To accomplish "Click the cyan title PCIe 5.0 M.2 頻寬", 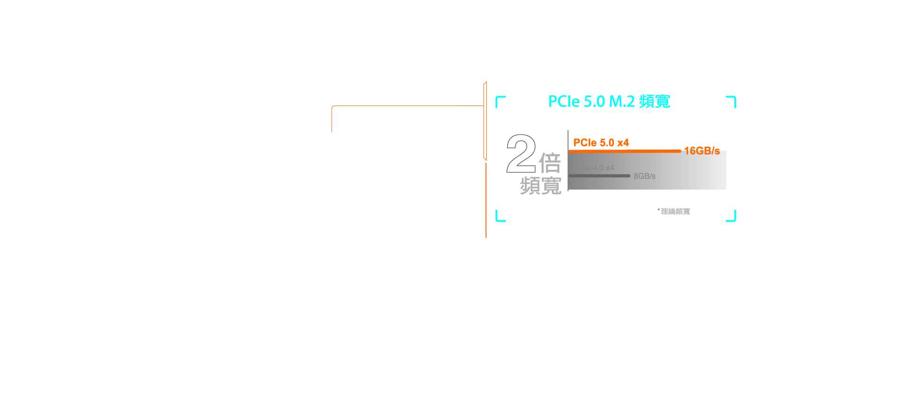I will [x=609, y=101].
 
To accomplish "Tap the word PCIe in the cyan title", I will [x=565, y=101].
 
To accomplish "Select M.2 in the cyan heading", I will [x=622, y=101].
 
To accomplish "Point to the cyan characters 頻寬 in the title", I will [x=654, y=101].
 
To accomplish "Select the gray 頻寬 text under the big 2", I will [x=541, y=186].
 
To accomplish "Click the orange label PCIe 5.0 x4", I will [x=601, y=143].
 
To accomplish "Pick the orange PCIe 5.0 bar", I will [x=624, y=151].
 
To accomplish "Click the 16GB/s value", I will [x=702, y=151].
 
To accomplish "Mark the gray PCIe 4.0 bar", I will [x=599, y=176].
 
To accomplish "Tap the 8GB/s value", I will [x=644, y=176].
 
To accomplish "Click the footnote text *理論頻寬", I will [x=675, y=211].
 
